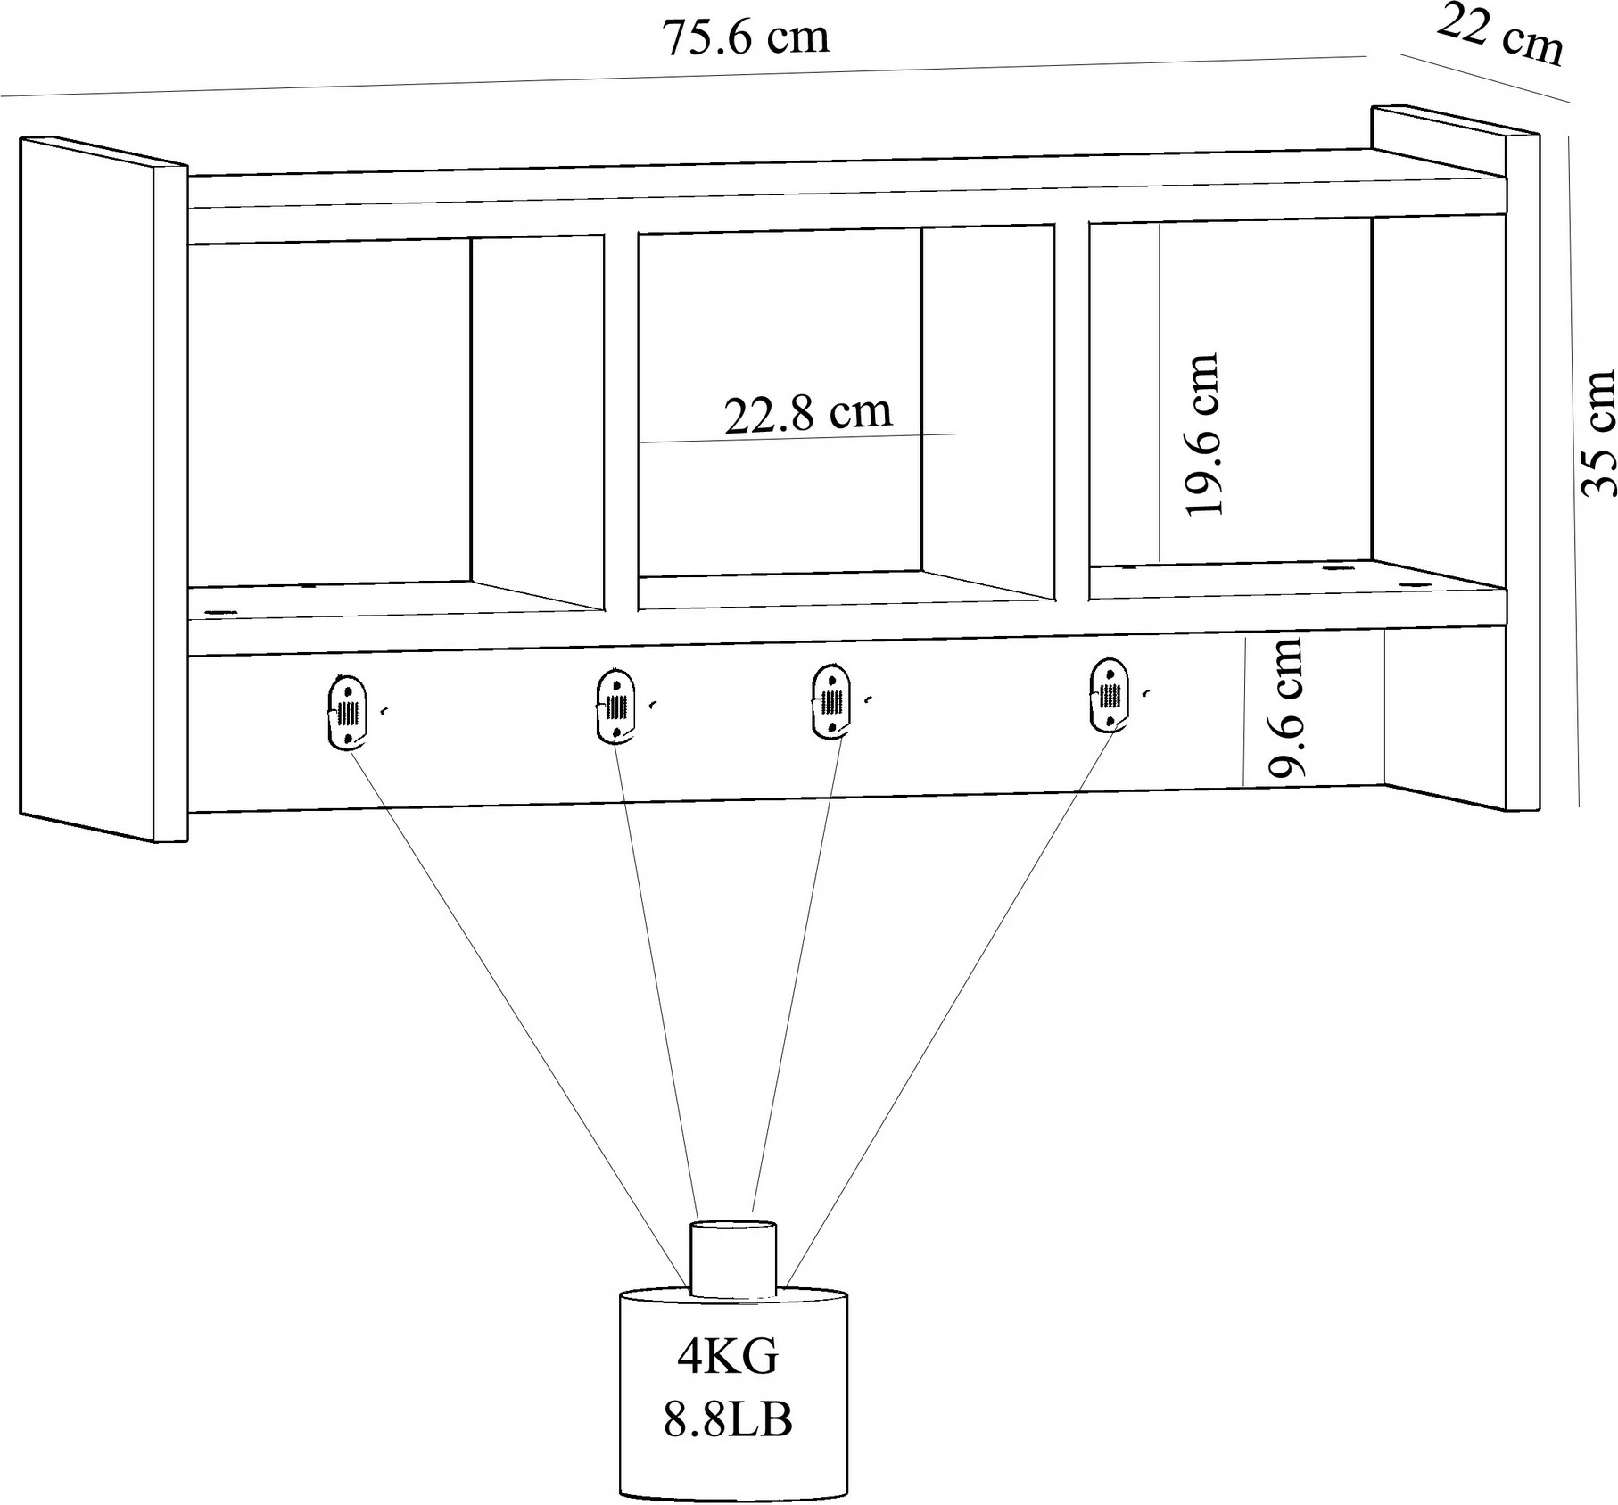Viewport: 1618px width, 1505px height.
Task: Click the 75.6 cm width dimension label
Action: point(746,38)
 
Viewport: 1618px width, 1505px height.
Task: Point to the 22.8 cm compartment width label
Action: point(808,413)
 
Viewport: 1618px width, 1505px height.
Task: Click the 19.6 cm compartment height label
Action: point(1201,434)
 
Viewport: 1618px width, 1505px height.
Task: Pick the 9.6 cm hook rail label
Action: point(1286,706)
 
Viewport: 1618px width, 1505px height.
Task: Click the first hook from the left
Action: point(346,712)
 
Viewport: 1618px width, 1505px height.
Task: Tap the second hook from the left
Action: point(614,705)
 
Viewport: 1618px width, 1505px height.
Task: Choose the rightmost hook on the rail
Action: point(1109,695)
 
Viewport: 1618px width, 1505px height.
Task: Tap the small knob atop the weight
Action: point(733,1259)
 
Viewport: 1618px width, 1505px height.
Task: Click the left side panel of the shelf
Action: point(103,489)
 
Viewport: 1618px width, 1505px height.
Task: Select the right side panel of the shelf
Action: point(1456,458)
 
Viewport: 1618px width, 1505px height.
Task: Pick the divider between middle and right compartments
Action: point(1071,411)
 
